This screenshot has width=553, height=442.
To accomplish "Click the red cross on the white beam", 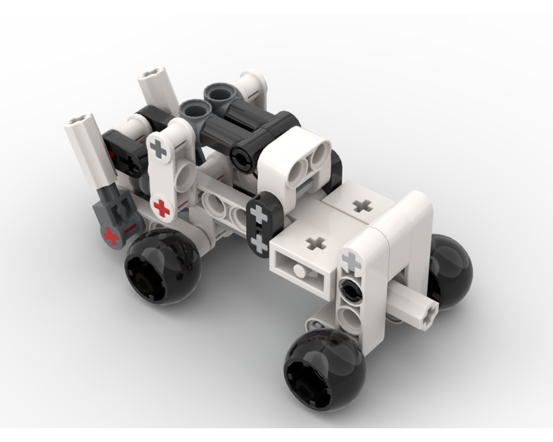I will [x=161, y=208].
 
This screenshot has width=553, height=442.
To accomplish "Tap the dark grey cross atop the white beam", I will [x=159, y=149].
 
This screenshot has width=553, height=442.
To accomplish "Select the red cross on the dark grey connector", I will [x=112, y=237].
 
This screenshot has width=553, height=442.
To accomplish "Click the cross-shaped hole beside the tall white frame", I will [x=363, y=206].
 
